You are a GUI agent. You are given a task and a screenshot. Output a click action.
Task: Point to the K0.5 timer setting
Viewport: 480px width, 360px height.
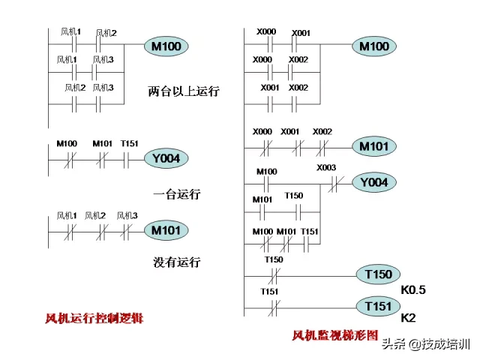coord(413,289)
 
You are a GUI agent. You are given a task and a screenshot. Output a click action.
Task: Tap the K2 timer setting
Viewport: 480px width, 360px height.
coord(408,318)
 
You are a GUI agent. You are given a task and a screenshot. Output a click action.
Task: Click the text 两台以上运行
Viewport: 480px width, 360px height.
coord(183,91)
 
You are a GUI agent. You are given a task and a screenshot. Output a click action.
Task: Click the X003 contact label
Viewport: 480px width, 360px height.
coord(326,168)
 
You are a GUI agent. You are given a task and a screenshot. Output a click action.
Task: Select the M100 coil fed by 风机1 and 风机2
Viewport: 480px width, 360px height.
coord(166,46)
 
